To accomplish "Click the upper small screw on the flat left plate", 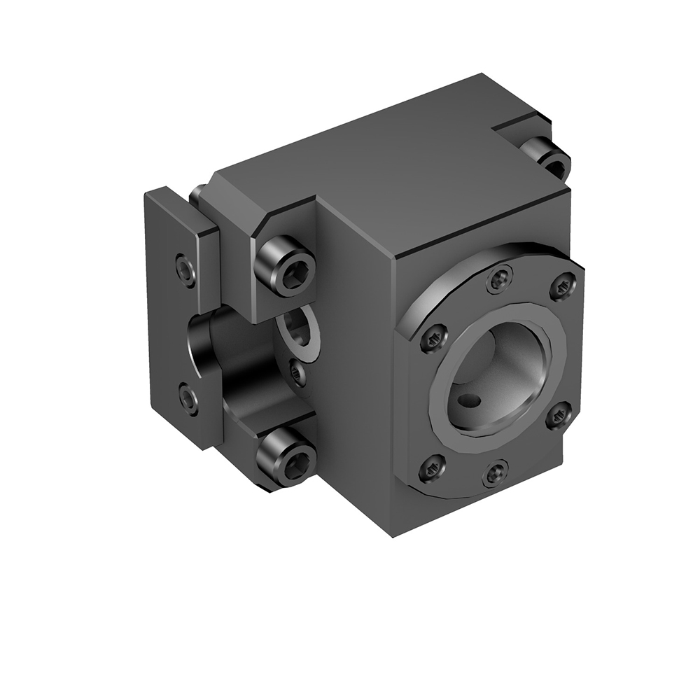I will [185, 269].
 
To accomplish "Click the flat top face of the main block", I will [392, 168].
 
